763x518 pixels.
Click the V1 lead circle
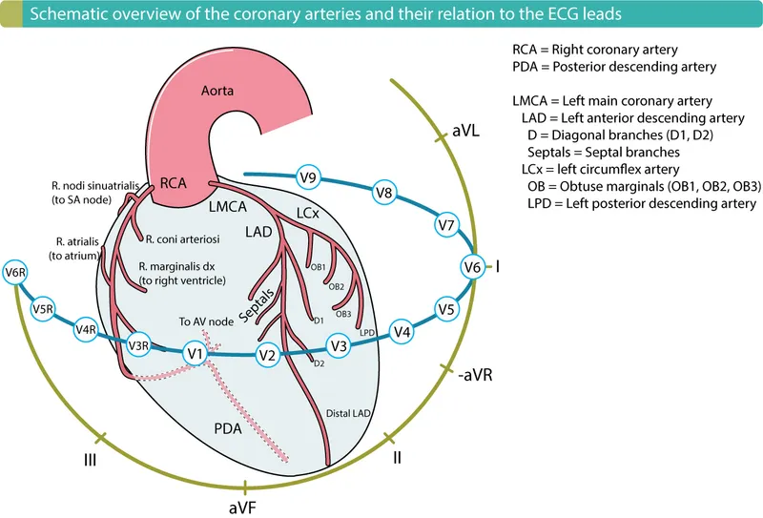click(196, 354)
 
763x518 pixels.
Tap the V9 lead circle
click(308, 176)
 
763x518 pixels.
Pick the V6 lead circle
click(472, 268)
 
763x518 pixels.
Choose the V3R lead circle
click(140, 345)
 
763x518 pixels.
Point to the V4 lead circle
click(402, 332)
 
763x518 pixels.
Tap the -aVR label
click(475, 376)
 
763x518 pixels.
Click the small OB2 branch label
click(336, 286)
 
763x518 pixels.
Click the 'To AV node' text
click(204, 321)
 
